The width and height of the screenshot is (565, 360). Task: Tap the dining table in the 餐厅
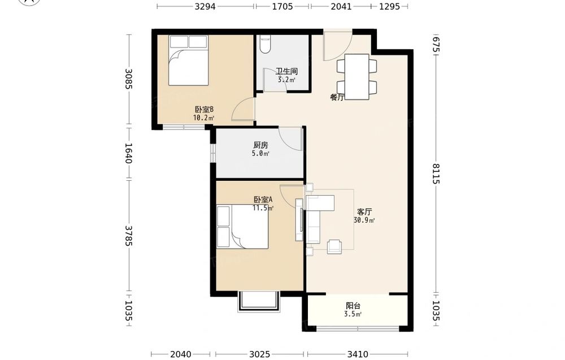[357, 76]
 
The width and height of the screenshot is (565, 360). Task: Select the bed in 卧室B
[189, 60]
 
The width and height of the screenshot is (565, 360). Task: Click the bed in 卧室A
[242, 227]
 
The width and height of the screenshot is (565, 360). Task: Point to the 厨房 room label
[260, 145]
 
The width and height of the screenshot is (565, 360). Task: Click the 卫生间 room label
[287, 71]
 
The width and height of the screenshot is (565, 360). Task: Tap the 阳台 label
[353, 306]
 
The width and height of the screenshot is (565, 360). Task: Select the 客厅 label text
[364, 212]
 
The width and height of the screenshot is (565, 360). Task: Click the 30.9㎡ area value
[364, 220]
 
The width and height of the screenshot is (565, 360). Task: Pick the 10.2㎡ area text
[204, 118]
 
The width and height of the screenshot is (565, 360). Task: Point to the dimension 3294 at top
[205, 6]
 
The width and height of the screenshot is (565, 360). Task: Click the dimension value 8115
[436, 174]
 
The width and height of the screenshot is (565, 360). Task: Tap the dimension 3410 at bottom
[358, 354]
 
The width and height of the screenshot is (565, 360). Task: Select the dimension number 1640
[128, 153]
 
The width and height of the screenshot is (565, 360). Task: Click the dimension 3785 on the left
[128, 236]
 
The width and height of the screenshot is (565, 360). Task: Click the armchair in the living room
[334, 246]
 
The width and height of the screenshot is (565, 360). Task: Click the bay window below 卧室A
[258, 301]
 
